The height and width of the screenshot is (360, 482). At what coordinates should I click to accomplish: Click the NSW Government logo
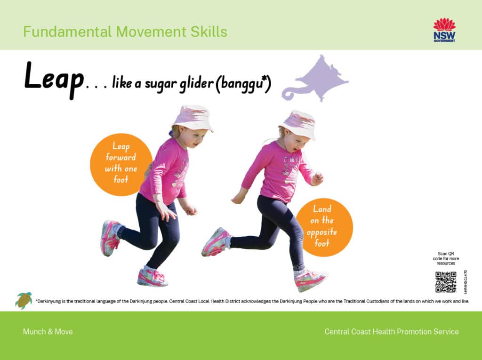coord(444,31)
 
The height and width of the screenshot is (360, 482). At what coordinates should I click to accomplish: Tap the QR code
coord(445,282)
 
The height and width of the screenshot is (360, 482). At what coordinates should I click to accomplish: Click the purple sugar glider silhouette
coord(317,78)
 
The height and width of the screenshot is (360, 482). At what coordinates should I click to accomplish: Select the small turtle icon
coord(23,300)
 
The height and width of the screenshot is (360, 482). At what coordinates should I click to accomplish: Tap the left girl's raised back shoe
coord(110,238)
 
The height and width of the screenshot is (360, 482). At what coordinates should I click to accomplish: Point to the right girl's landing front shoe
coord(310,280)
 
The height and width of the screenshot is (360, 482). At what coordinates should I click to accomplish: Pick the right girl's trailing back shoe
coord(216,242)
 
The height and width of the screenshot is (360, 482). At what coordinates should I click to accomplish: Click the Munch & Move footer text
coord(48,332)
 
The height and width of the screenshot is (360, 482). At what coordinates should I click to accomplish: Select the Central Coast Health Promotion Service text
coord(391,332)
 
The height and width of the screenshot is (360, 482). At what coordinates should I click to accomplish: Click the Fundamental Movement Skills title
coord(125,32)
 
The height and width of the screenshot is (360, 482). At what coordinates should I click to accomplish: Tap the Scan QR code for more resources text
coord(445,258)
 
